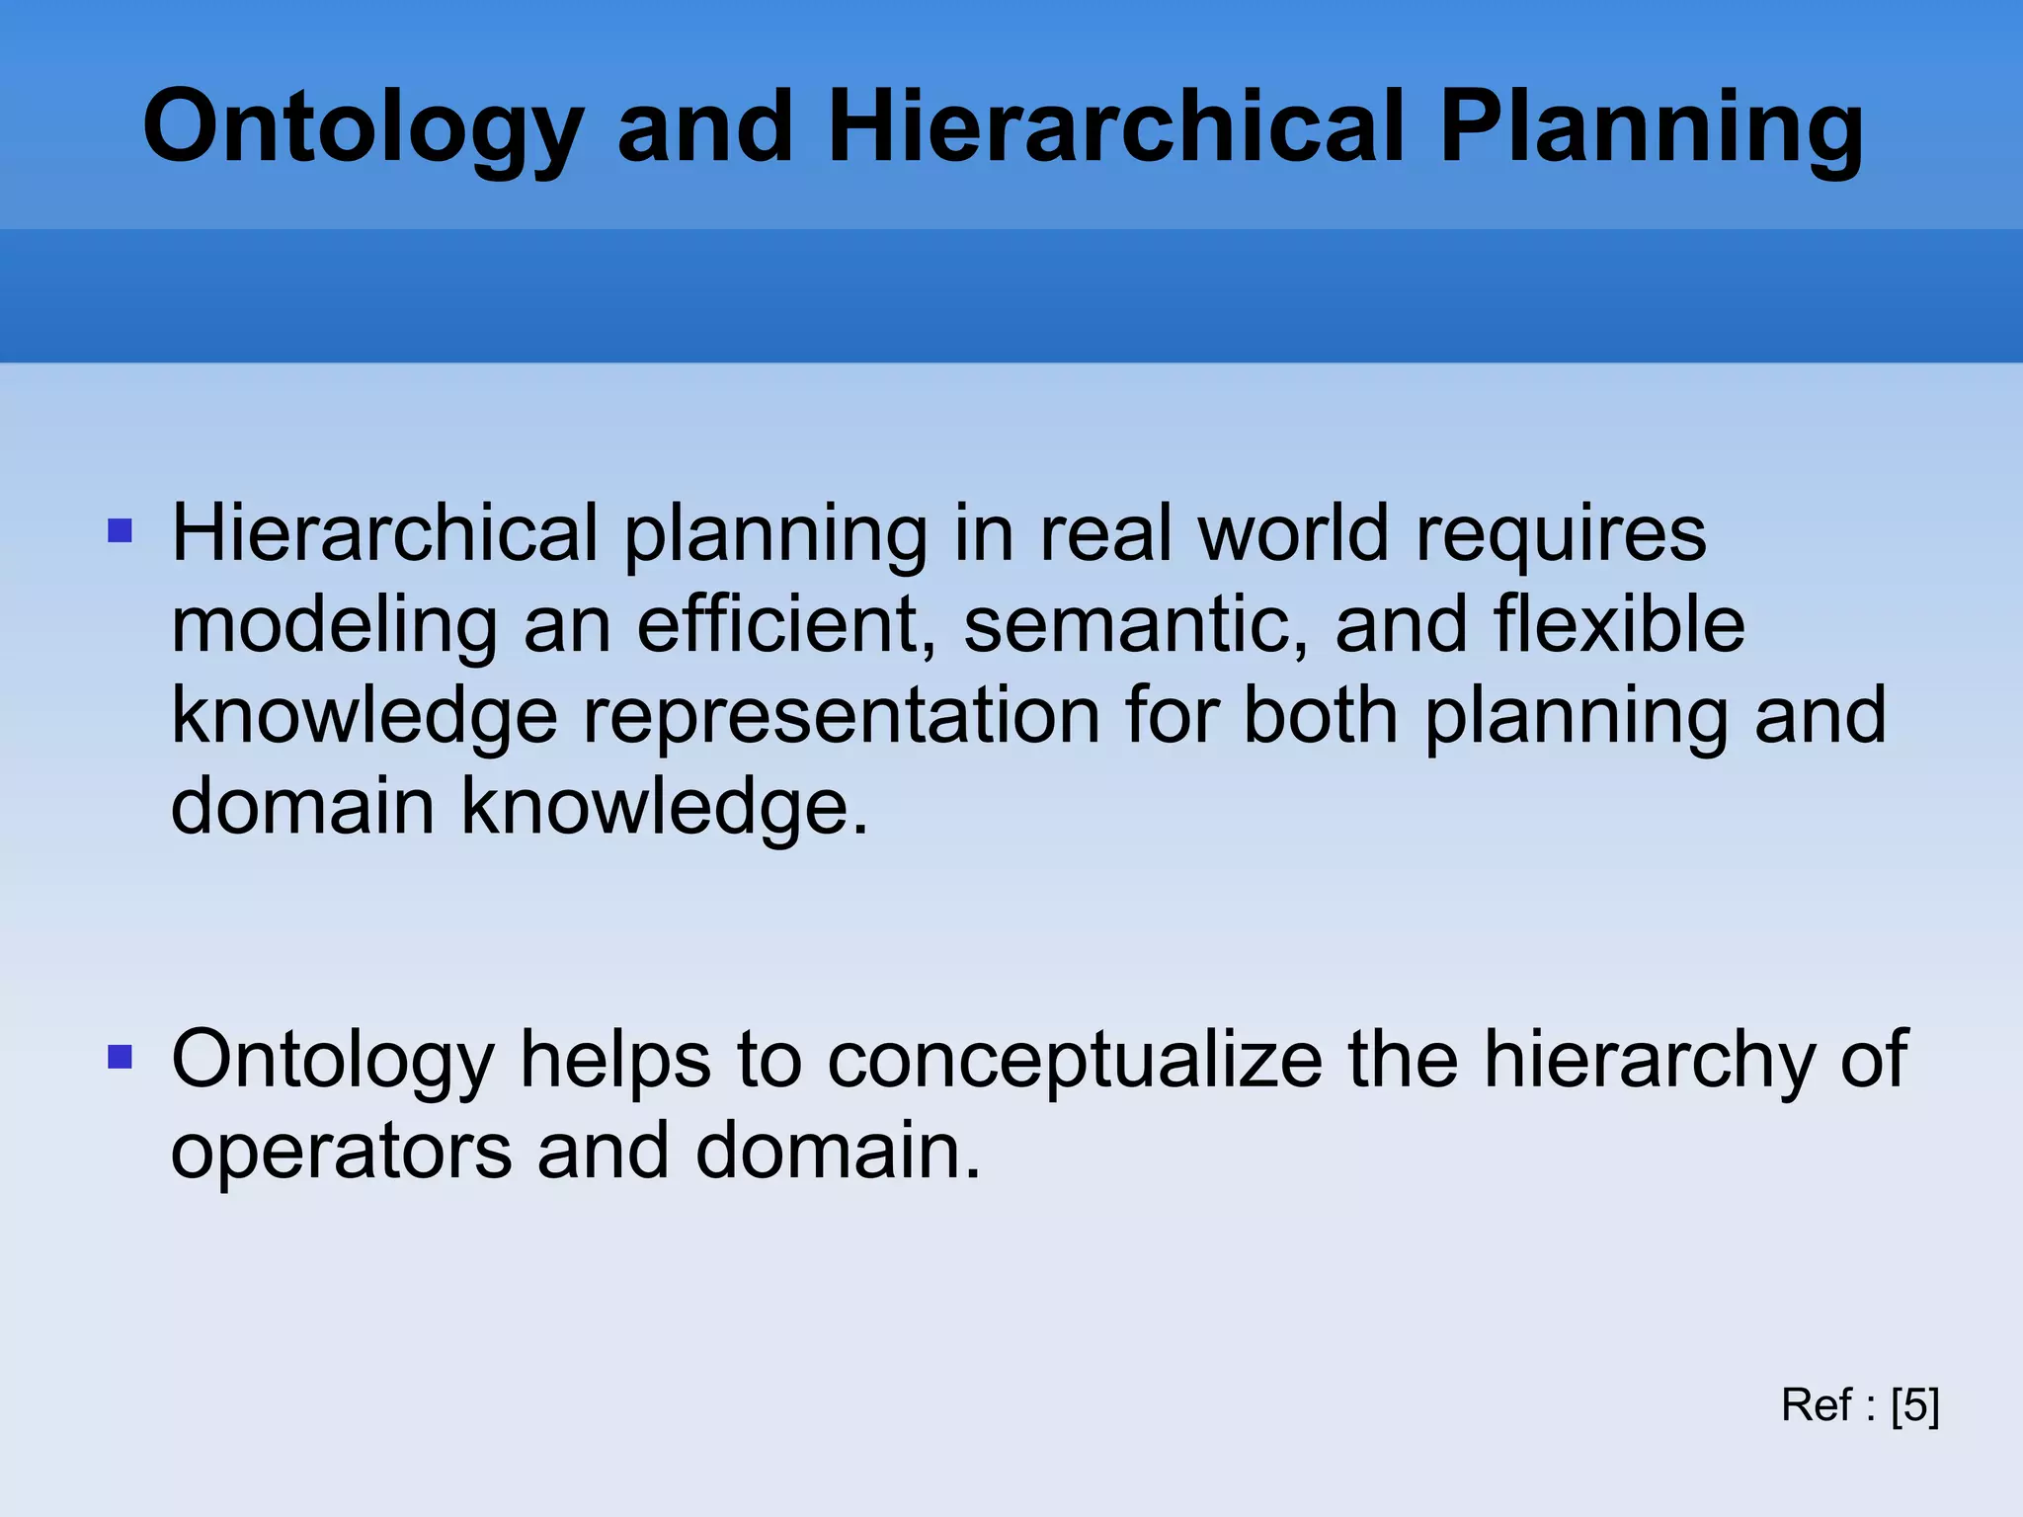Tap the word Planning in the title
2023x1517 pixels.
point(1652,128)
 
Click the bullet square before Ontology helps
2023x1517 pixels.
point(120,1059)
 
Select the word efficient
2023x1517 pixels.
point(786,625)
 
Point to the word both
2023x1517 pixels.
point(1320,716)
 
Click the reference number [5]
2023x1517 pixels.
point(1915,1405)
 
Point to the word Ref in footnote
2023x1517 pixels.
point(1817,1405)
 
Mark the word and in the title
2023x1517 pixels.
point(705,128)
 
